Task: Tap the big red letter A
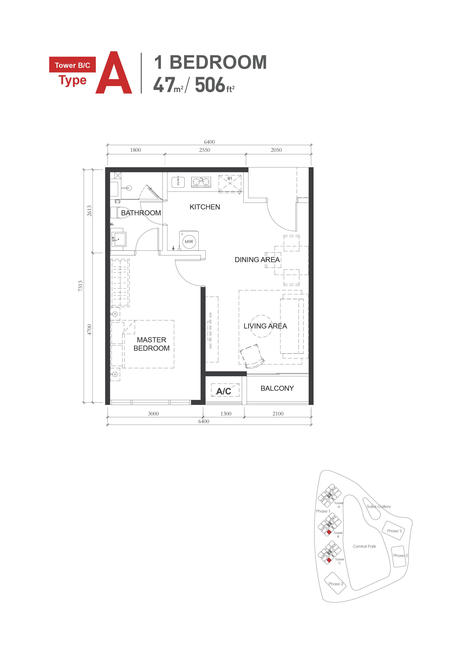[114, 73]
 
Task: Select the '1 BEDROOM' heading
[210, 62]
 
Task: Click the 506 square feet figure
[215, 85]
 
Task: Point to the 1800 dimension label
[135, 150]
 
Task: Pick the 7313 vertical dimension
[80, 286]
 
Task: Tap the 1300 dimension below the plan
[226, 414]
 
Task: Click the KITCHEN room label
[205, 207]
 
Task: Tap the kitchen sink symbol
[178, 182]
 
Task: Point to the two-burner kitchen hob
[201, 182]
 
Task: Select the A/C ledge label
[224, 391]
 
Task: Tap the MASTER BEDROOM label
[151, 344]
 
